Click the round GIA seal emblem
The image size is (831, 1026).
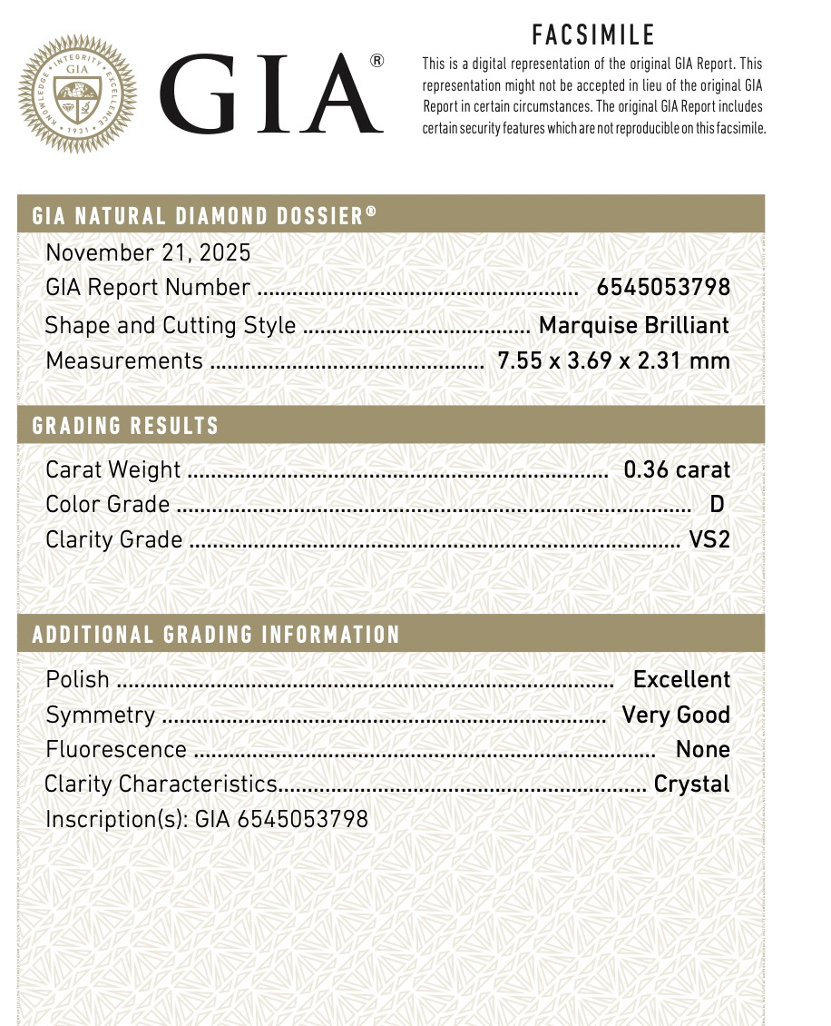click(77, 94)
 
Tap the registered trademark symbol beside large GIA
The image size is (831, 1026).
click(376, 61)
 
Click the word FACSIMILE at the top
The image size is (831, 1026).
click(593, 35)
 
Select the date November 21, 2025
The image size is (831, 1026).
click(148, 252)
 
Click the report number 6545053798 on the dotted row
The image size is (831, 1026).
click(663, 288)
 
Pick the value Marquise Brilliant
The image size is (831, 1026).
click(634, 325)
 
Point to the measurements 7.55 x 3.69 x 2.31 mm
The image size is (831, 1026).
click(614, 360)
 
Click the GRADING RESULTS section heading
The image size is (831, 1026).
click(125, 426)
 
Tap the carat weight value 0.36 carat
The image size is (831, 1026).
click(677, 469)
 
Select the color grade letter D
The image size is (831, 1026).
click(717, 505)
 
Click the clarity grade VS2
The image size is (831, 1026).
click(709, 540)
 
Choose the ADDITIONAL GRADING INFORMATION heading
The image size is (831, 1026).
click(216, 635)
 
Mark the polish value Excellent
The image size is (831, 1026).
click(681, 679)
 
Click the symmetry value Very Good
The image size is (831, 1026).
click(676, 715)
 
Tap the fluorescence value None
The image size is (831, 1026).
click(702, 749)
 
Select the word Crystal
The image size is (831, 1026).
click(691, 784)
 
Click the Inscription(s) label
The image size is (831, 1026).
click(116, 819)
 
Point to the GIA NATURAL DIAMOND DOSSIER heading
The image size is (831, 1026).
click(204, 216)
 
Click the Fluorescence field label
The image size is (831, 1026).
click(115, 750)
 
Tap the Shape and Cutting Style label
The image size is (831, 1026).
click(171, 325)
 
